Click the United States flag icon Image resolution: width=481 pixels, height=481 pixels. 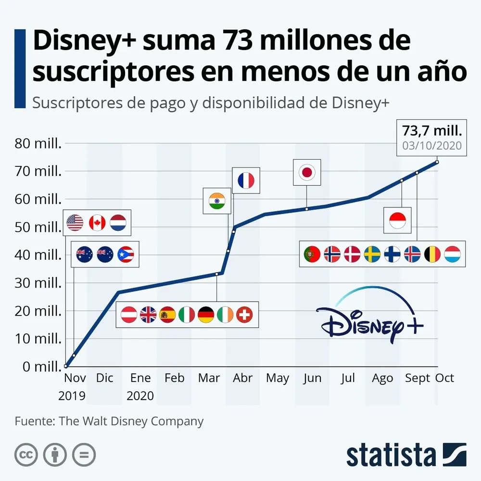(76, 223)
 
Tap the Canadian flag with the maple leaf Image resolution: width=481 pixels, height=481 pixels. (97, 223)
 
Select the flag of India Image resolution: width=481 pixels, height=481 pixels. (217, 201)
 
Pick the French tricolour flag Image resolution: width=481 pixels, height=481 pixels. (246, 180)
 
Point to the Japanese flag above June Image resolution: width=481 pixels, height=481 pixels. (307, 172)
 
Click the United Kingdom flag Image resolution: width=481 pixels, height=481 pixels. (148, 315)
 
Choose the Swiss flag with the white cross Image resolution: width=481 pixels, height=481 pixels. (244, 315)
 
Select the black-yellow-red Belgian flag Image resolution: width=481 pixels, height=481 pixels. (432, 253)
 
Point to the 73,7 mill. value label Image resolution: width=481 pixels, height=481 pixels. (431, 131)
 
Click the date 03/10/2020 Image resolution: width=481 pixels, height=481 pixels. (431, 145)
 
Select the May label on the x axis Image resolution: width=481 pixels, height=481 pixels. (278, 379)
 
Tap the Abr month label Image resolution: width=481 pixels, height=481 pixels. (243, 379)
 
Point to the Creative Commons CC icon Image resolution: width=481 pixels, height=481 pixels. (26, 454)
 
